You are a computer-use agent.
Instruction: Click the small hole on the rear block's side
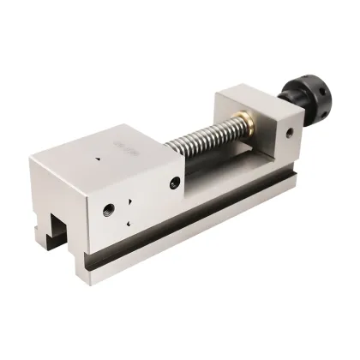click(x=290, y=133)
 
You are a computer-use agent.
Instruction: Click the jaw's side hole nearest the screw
click(x=175, y=183)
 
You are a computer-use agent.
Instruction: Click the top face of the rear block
click(x=257, y=97)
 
